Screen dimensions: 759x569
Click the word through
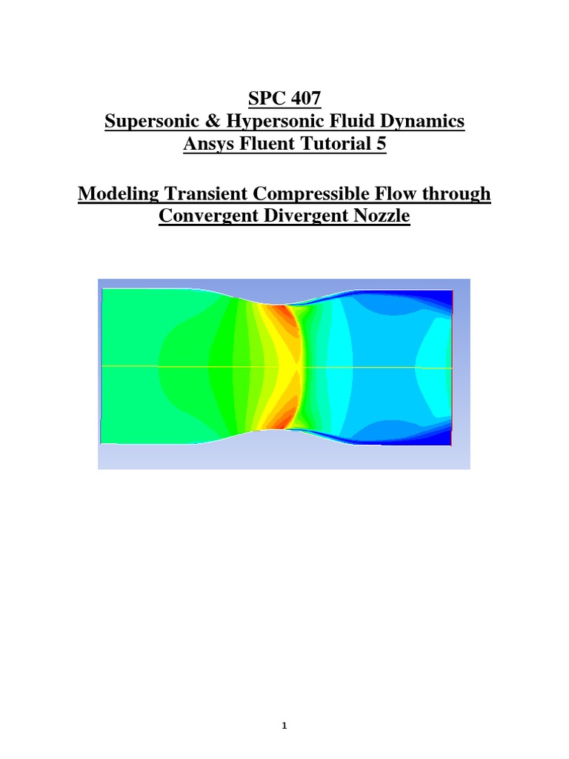457,194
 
